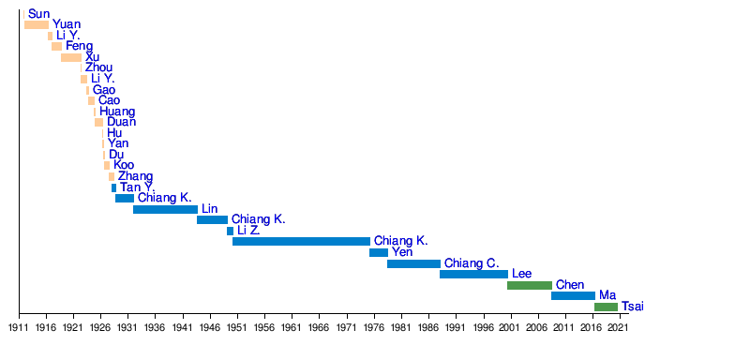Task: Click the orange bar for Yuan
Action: pos(37,25)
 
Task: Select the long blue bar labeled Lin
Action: pos(166,209)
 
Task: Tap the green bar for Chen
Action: pos(530,285)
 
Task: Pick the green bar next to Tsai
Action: pos(606,307)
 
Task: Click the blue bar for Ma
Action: pos(573,296)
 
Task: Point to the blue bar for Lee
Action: pos(474,275)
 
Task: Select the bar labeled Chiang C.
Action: pos(413,263)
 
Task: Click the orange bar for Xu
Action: pos(71,57)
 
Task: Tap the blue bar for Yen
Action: pos(379,252)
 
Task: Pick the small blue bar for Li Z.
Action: pos(230,231)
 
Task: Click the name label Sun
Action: pos(38,14)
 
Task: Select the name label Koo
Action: pos(124,165)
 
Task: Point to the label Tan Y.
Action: pos(137,187)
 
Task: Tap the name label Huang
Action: pos(117,112)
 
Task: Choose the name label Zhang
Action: pos(136,176)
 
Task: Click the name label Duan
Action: pos(122,122)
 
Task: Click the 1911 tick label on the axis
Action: pos(19,328)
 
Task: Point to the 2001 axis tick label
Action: pos(511,328)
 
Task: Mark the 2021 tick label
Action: pos(620,328)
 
